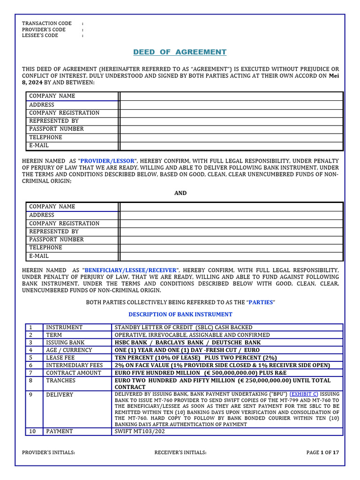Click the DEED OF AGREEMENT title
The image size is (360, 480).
coord(180,52)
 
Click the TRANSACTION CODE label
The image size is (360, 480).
coord(47,23)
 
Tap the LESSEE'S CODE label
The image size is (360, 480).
coord(40,36)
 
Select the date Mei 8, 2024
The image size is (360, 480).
coord(333,79)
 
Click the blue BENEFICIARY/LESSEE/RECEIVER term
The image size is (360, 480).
coord(131,270)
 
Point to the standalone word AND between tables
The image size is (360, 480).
coord(180,193)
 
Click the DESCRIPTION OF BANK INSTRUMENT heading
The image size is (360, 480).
coord(180,315)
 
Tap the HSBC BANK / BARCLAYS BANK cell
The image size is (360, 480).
coord(187,343)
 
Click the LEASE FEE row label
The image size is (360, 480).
coord(60,358)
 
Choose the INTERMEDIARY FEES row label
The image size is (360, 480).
coord(73,365)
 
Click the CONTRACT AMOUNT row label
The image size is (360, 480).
coord(73,373)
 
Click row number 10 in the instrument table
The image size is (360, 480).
coord(33,431)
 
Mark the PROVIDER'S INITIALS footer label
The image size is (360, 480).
coord(49,453)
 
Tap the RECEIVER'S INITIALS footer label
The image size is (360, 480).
coord(180,453)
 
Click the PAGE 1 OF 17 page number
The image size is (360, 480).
coord(322,453)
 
